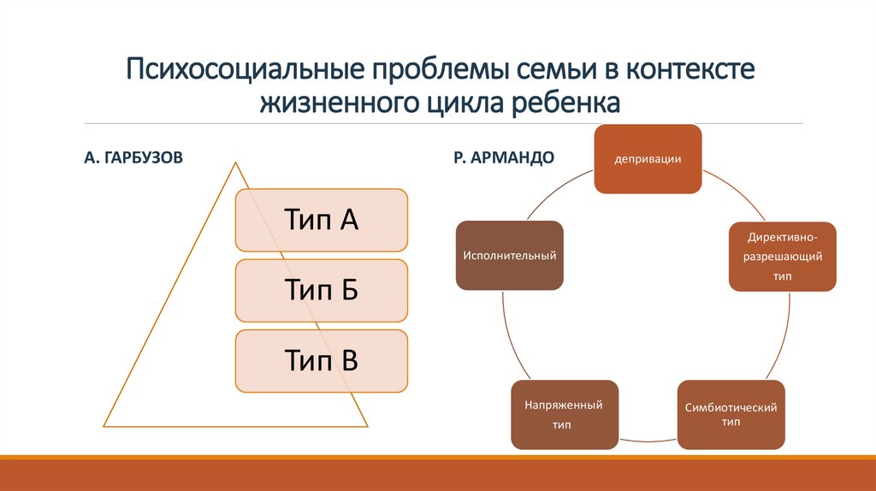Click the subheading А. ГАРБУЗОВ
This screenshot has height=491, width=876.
coord(133,158)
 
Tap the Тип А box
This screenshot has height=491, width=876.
coord(321,221)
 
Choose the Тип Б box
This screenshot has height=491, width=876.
coord(321,291)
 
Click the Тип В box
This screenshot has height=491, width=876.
coord(321,361)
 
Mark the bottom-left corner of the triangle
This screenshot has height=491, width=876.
coord(104,425)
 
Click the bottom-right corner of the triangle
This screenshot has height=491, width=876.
coord(367,425)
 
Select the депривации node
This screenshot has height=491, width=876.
coord(648,159)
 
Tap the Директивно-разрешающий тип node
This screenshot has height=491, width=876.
coord(782,257)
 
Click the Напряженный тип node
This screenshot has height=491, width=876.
coord(565,415)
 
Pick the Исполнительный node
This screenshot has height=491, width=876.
coord(510,255)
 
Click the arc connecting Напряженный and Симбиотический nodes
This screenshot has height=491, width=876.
coord(648,441)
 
